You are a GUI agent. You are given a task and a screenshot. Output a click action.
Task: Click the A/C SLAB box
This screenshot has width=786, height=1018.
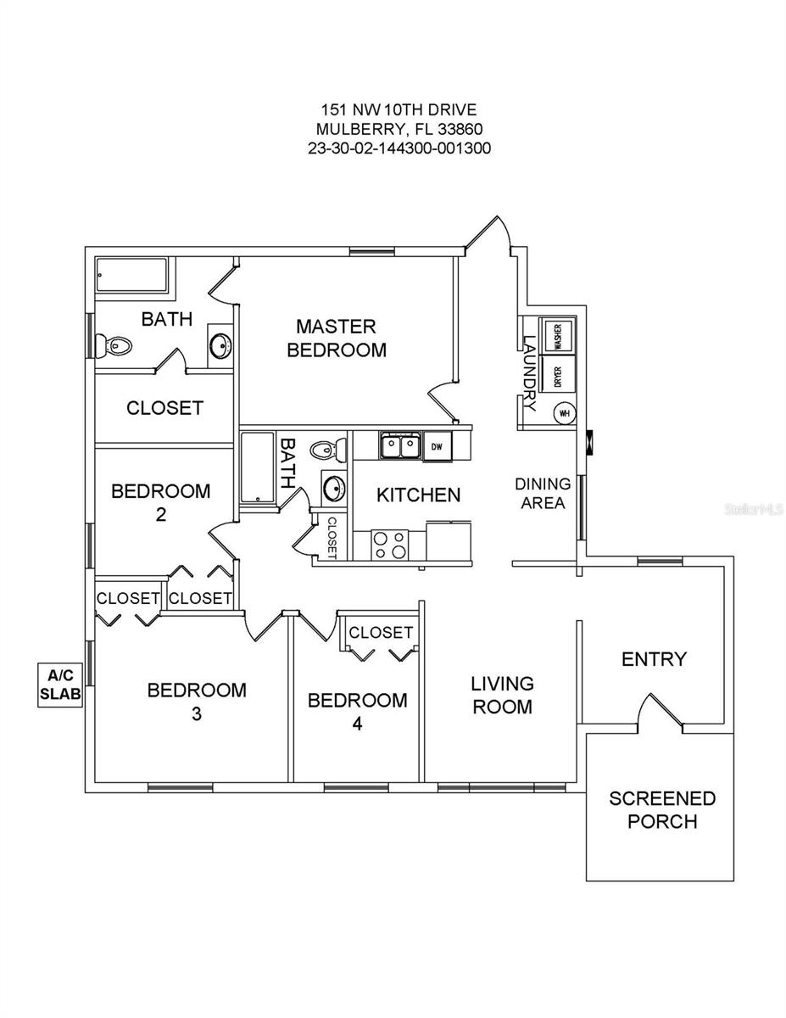click(x=59, y=685)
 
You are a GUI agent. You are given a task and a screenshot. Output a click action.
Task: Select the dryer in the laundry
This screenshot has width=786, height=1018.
click(x=558, y=374)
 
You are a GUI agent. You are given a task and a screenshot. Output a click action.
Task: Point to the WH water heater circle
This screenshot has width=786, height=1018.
click(x=564, y=413)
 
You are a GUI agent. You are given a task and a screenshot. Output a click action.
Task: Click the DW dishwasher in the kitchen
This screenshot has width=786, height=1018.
click(x=437, y=446)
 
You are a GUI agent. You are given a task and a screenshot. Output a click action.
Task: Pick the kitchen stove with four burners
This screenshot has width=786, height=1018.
click(x=389, y=545)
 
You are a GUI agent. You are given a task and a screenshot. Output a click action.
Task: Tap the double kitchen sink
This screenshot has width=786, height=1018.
click(x=399, y=446)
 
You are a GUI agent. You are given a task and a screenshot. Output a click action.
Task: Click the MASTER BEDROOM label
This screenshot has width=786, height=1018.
click(x=337, y=338)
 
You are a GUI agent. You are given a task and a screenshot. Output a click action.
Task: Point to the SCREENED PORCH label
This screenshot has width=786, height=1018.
click(x=662, y=810)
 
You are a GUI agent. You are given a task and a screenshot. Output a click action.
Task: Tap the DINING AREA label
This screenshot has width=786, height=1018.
click(x=543, y=493)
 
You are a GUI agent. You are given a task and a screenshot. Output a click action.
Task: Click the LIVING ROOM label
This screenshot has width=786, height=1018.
click(x=503, y=695)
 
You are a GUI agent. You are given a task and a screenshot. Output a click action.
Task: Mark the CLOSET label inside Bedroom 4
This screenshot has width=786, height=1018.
click(x=381, y=633)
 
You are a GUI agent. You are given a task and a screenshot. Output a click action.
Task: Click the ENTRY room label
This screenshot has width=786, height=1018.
click(x=654, y=659)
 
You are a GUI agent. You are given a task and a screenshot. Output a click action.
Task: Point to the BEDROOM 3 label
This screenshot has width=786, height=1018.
click(x=197, y=702)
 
